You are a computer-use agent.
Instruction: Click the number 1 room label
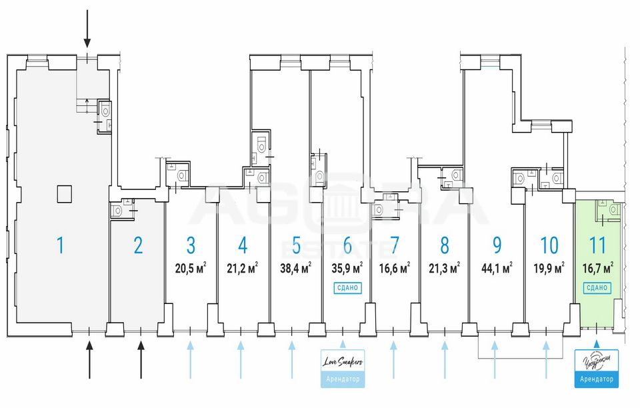pyautogui.click(x=60, y=245)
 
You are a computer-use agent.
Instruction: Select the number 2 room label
pyautogui.click(x=138, y=245)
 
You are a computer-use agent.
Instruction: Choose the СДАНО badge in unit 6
pyautogui.click(x=347, y=288)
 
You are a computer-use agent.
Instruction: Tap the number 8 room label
pyautogui.click(x=445, y=245)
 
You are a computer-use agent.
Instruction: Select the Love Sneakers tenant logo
pyautogui.click(x=343, y=361)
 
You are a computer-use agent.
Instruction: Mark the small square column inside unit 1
pyautogui.click(x=63, y=193)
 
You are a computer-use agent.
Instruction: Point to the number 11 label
pyautogui.click(x=597, y=245)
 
